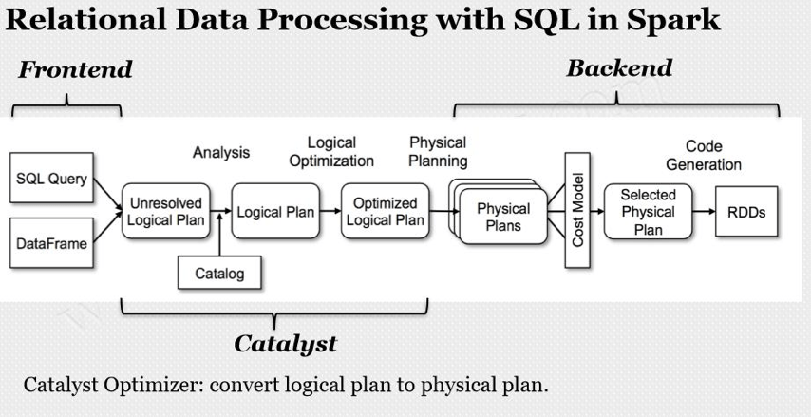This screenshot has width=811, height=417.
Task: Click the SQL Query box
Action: point(51,180)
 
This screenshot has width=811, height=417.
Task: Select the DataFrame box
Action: point(51,244)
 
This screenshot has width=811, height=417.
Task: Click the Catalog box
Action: point(219,274)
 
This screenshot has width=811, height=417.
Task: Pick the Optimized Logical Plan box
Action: point(385,213)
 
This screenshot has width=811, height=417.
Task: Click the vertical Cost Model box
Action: point(577,212)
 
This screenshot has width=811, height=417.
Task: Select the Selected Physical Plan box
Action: point(648,212)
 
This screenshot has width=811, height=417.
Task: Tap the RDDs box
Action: point(746,213)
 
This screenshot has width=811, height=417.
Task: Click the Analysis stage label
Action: point(220,152)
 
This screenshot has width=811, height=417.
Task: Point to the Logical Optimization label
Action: point(331,152)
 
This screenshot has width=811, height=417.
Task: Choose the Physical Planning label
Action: point(438,152)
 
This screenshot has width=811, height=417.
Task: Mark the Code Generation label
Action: point(704,155)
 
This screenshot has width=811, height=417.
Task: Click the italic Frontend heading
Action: point(75,70)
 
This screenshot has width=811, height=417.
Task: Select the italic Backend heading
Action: point(618,68)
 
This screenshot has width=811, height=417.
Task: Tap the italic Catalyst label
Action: point(285,343)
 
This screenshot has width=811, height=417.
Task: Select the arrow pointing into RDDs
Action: point(706,213)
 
